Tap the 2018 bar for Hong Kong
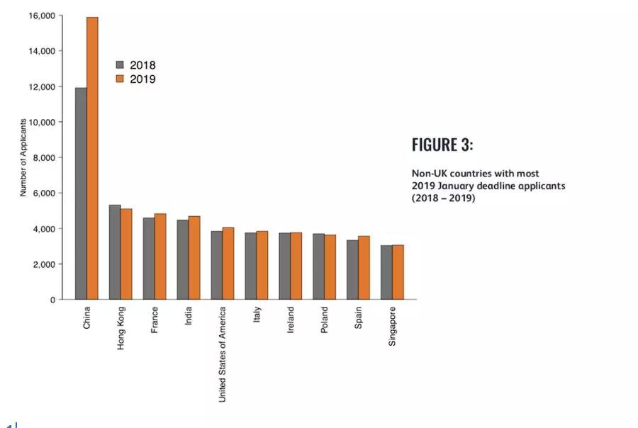pos(115,252)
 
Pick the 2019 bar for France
pos(160,257)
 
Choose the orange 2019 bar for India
pos(194,258)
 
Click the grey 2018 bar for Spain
pos(352,270)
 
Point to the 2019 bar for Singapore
pos(398,273)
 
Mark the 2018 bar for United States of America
pos(216,265)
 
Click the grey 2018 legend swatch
pos(120,65)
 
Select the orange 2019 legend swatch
pos(120,79)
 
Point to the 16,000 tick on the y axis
pos(42,16)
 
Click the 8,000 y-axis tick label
pos(44,157)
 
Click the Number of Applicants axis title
pos(23,157)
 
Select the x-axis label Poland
pos(325,321)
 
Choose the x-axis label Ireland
pos(291,320)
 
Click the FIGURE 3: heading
pos(442,145)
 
